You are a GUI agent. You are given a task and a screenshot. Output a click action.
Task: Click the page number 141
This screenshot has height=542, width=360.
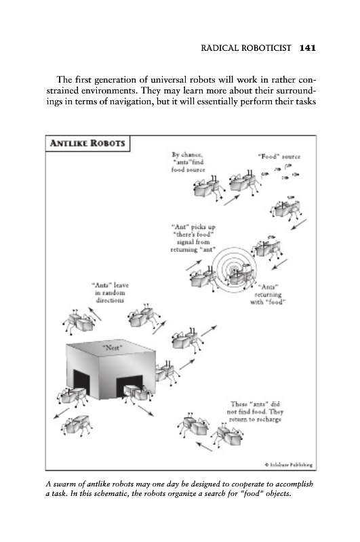click(308, 47)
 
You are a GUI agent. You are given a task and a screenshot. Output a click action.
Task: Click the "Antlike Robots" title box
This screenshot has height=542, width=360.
click(88, 144)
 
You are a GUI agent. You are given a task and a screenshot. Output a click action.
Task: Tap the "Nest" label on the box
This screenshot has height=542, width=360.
click(113, 348)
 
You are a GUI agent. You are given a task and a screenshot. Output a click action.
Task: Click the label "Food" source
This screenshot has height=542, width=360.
click(279, 157)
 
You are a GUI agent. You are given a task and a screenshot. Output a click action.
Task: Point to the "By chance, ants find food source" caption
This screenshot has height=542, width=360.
click(188, 162)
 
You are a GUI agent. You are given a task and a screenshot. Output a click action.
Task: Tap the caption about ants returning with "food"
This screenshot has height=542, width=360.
click(268, 295)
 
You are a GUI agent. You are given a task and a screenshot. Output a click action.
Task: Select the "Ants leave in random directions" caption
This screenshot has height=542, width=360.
click(110, 293)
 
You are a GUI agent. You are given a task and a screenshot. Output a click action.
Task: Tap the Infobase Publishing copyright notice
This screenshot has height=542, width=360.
click(289, 465)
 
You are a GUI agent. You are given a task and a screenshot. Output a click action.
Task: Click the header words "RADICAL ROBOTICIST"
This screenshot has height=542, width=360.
click(246, 47)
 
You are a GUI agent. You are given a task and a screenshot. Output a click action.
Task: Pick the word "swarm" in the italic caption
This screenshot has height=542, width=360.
click(64, 484)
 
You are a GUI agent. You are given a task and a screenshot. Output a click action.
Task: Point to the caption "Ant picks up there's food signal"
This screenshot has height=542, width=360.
click(193, 238)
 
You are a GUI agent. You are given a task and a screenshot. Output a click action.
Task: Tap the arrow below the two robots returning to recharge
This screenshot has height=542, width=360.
click(204, 446)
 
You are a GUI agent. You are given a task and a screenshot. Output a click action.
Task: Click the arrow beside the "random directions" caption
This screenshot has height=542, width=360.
click(94, 314)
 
